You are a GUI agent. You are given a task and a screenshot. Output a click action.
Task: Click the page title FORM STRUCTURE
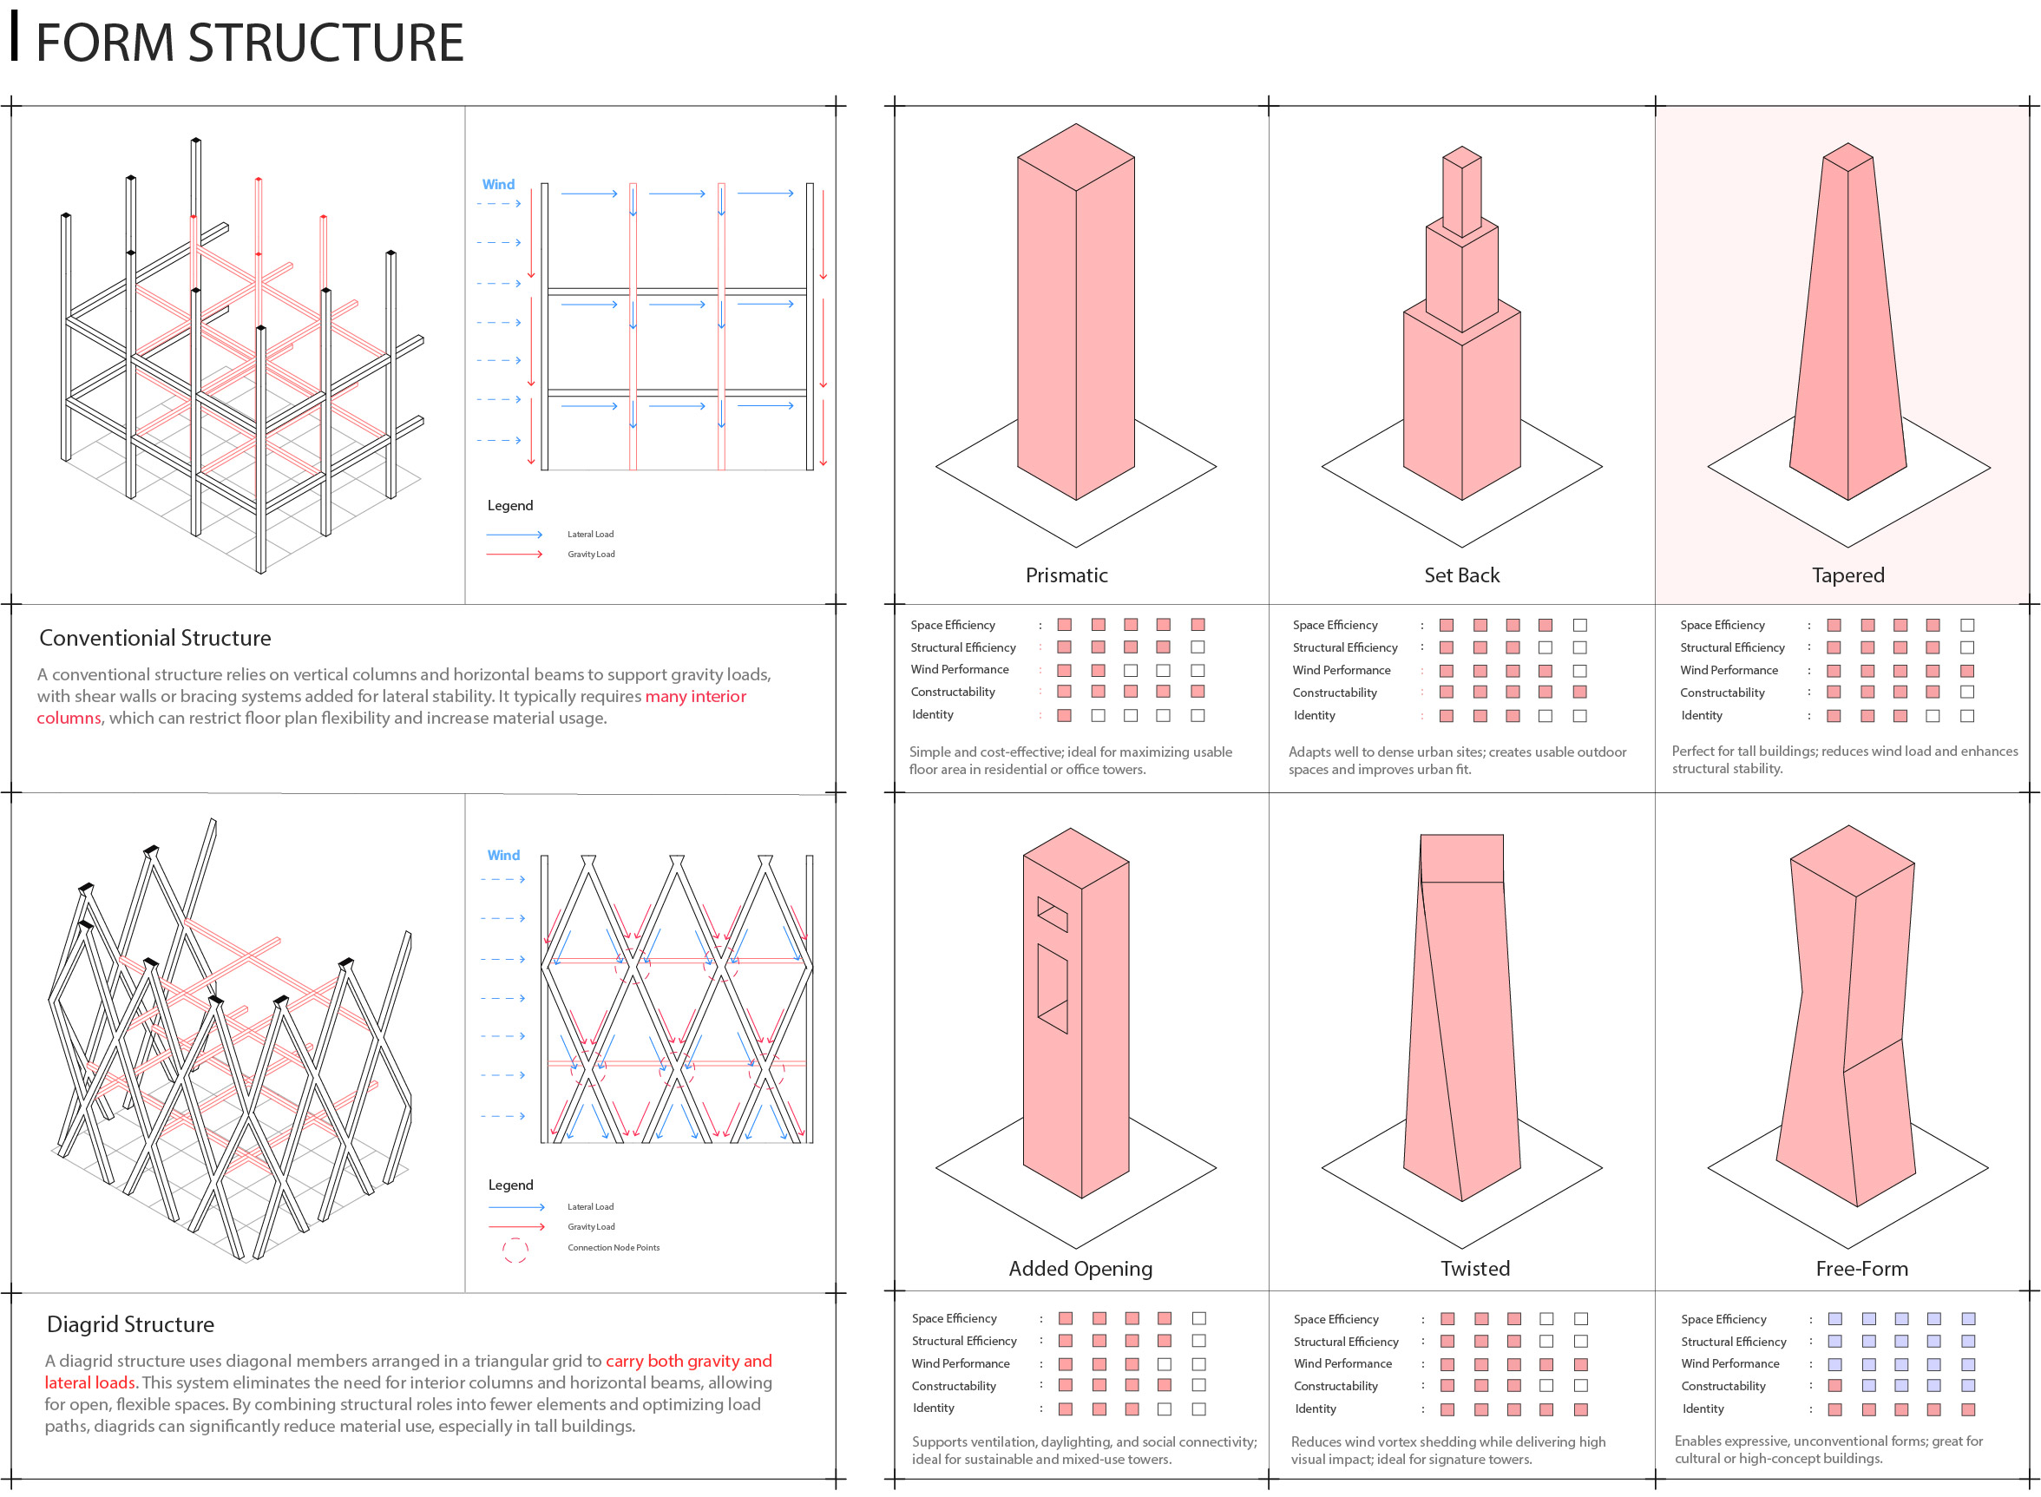(x=249, y=43)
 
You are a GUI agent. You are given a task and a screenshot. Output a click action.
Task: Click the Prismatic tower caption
(x=1066, y=575)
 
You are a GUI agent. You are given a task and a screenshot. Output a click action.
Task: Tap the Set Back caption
(x=1461, y=575)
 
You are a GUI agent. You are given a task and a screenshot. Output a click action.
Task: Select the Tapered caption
(x=1847, y=575)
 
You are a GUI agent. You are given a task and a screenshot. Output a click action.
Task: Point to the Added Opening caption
(x=1080, y=1269)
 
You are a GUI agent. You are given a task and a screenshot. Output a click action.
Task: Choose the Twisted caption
(x=1475, y=1269)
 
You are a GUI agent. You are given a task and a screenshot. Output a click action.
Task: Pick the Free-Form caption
(x=1861, y=1269)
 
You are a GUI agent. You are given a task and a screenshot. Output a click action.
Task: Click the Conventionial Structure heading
(x=155, y=638)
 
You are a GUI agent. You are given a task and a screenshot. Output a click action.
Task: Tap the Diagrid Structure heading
(x=130, y=1324)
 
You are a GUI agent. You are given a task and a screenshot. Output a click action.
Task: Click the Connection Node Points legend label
(x=614, y=1248)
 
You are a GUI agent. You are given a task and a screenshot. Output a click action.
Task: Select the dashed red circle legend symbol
(x=515, y=1250)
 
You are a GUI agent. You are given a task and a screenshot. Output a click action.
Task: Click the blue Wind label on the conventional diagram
(x=498, y=185)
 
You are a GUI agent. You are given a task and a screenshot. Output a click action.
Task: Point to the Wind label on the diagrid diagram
(x=503, y=856)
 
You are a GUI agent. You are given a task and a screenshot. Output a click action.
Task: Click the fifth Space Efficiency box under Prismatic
(x=1198, y=624)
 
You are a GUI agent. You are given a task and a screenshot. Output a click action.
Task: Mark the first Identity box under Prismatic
(x=1065, y=716)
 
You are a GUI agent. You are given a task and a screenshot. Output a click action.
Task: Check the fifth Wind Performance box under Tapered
(x=1966, y=671)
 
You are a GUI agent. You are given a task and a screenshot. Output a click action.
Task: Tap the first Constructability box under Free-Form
(x=1834, y=1386)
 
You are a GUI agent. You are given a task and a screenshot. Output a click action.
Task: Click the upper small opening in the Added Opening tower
(x=1052, y=914)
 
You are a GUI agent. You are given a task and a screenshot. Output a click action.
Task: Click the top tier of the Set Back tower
(x=1461, y=192)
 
